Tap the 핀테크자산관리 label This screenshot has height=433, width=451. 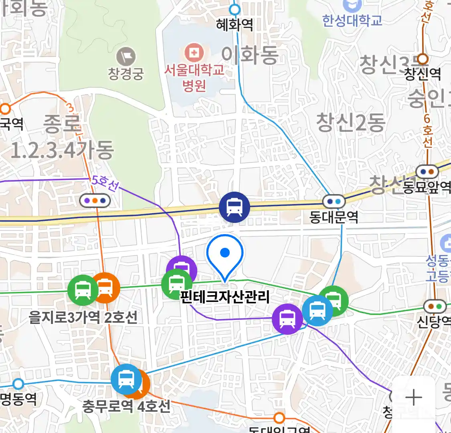[x=225, y=297]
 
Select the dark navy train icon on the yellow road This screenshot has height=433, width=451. [x=234, y=207]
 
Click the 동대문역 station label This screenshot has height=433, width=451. [x=334, y=217]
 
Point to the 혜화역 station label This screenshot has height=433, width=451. [x=235, y=25]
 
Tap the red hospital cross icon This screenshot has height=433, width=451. [x=194, y=53]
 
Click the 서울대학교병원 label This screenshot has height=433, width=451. [x=194, y=77]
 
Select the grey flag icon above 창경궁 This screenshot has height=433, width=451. [x=126, y=57]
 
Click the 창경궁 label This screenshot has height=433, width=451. [x=126, y=74]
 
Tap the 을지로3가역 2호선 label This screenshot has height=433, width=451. [x=83, y=318]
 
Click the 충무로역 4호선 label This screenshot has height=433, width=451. [x=126, y=407]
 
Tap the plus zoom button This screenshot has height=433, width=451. [x=413, y=398]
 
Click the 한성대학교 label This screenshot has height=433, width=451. [x=353, y=20]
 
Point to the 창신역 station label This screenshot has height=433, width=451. [x=423, y=74]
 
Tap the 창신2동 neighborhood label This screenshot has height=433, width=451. [x=351, y=122]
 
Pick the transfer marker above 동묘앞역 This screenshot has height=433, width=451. [x=427, y=172]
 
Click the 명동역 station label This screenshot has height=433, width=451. [x=18, y=399]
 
